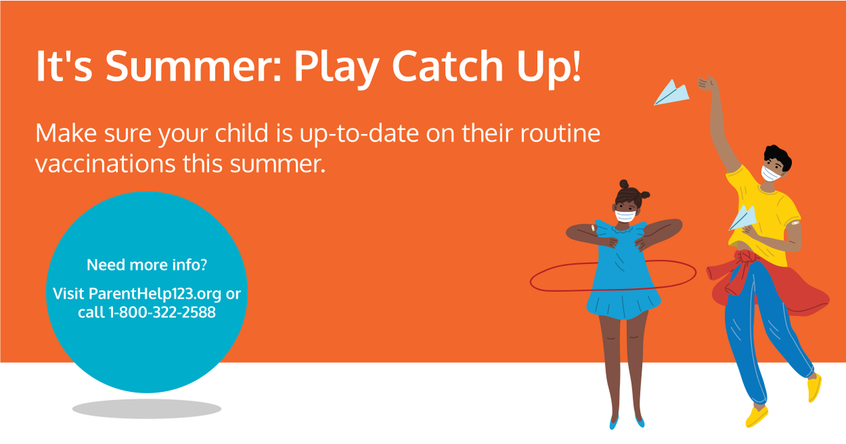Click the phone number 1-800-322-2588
click(161, 312)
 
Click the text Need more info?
click(147, 266)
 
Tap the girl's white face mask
click(625, 216)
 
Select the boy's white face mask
click(771, 173)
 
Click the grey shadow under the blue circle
click(147, 408)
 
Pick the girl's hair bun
click(626, 187)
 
